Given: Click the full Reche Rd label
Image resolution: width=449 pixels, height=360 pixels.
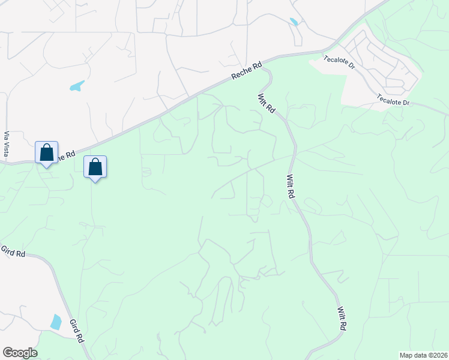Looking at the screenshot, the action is coord(247,70).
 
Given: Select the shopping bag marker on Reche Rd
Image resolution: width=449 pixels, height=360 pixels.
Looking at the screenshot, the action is coord(47,154).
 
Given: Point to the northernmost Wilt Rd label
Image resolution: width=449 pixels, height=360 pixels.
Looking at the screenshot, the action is coord(266,103).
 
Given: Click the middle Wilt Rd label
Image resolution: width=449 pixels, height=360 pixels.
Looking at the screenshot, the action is coord(290,187).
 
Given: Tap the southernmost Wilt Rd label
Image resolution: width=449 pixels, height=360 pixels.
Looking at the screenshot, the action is coord(342,318).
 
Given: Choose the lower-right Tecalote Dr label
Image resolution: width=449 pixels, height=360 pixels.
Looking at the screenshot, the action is coord(393,99).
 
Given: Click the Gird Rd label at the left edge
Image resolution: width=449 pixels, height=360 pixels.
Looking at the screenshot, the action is coord(13,251).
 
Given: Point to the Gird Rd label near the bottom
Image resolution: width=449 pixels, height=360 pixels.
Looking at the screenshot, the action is coord(76,331).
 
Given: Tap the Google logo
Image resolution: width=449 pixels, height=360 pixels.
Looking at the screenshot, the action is coord(20,353).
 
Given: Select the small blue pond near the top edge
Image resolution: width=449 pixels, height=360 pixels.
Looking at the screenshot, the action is coord(294,22).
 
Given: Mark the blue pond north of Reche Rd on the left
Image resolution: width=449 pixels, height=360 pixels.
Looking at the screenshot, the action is coord(77,86).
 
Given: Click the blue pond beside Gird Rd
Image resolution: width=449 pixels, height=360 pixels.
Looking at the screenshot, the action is coord(56,322).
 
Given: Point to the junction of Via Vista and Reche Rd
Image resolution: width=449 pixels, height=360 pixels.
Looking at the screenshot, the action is coord(7,162).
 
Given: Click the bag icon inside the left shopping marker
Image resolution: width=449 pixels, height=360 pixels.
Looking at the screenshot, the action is coord(47,152).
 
